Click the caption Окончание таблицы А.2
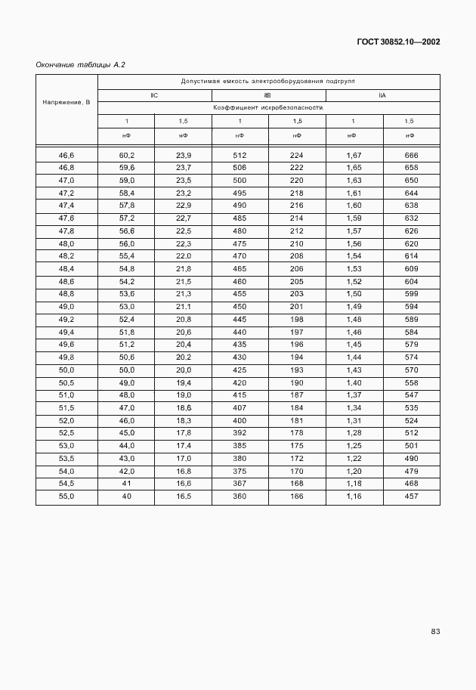point(81,65)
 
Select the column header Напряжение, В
point(66,101)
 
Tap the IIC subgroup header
point(154,95)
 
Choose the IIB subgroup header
point(267,95)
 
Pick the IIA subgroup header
point(382,95)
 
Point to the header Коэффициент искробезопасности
point(268,108)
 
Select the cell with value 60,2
point(126,155)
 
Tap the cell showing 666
point(411,155)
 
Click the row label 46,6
point(66,155)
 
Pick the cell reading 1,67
point(354,155)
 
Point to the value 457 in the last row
point(411,497)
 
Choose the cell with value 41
point(126,484)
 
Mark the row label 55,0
point(66,497)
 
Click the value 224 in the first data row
point(296,155)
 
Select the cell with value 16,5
point(183,497)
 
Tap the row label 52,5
point(66,433)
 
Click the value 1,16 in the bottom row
point(354,497)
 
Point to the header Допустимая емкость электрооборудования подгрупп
point(268,81)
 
